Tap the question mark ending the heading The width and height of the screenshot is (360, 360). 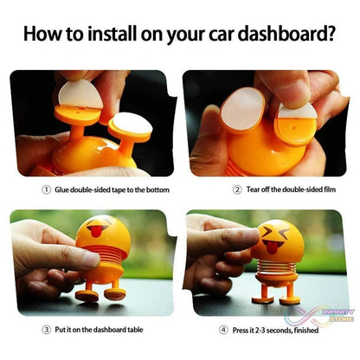tap(332, 35)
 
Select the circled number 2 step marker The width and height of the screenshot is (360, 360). tap(235, 190)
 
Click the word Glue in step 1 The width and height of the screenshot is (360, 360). tap(63, 189)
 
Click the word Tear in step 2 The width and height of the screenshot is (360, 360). tap(253, 190)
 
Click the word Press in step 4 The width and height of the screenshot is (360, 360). tap(240, 329)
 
